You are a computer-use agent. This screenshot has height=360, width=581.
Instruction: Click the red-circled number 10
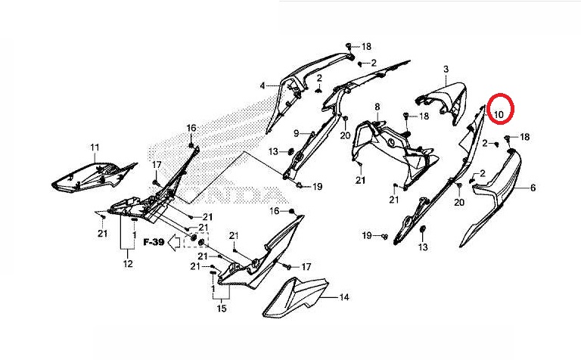click(x=499, y=113)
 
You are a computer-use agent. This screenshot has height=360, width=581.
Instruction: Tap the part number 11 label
click(x=95, y=147)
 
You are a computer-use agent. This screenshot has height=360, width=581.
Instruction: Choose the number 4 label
click(x=263, y=85)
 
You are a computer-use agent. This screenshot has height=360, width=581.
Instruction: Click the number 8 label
click(x=377, y=108)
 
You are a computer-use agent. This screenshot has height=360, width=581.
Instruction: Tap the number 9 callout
click(x=297, y=134)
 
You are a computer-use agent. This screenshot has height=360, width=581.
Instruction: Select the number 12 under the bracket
click(x=127, y=264)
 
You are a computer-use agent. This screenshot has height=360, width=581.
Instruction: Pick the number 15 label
click(x=222, y=309)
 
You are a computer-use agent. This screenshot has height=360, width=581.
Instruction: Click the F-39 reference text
click(x=154, y=242)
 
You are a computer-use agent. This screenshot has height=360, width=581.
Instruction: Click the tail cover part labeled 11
click(x=91, y=175)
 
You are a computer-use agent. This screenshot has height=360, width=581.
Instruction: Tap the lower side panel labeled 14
click(x=295, y=299)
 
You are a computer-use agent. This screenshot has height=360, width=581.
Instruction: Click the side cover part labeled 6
click(x=496, y=189)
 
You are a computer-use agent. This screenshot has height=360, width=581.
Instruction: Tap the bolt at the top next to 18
click(x=350, y=47)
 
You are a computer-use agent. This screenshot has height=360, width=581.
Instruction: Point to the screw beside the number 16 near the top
click(x=191, y=143)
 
